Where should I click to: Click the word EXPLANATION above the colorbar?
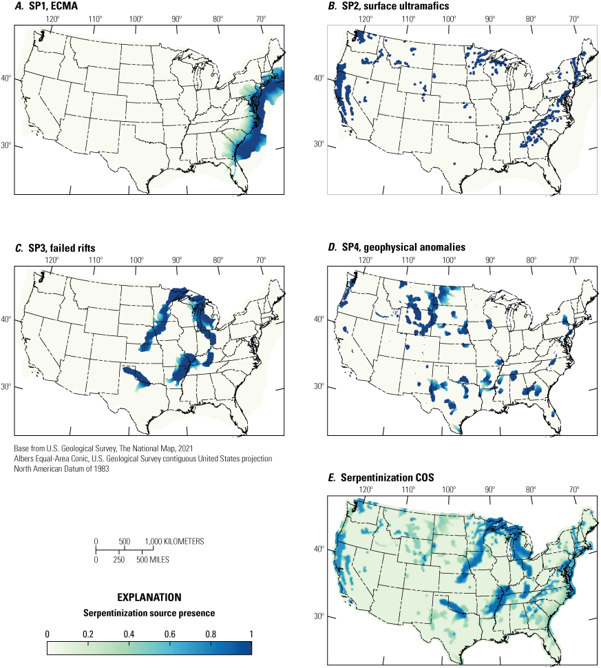[149, 597]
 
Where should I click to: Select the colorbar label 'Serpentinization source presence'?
[149, 613]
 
